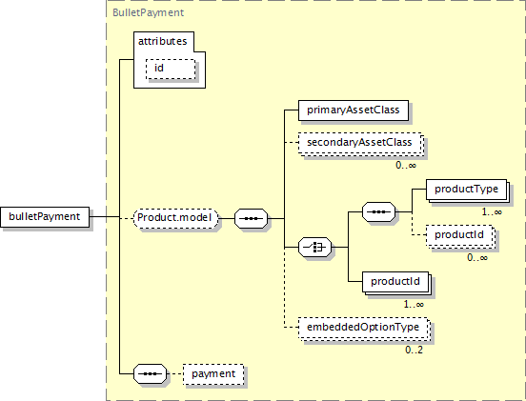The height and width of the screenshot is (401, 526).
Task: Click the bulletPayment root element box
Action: [x=45, y=217]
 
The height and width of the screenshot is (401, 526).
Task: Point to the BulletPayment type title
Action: [x=148, y=12]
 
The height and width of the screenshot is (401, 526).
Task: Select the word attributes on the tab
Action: [x=162, y=41]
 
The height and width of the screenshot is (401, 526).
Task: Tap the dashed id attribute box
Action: [x=171, y=70]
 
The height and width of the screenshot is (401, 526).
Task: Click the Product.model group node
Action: [x=175, y=219]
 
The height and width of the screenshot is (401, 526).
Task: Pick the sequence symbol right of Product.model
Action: [x=252, y=219]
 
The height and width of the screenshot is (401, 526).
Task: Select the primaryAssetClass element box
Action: [x=354, y=110]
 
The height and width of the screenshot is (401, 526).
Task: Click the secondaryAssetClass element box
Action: [x=360, y=143]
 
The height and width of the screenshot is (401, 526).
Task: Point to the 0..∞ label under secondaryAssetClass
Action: [x=406, y=165]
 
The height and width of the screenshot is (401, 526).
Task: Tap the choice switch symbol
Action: [x=315, y=247]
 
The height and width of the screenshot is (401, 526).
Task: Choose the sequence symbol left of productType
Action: [x=378, y=211]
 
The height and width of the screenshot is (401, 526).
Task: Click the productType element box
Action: [x=467, y=190]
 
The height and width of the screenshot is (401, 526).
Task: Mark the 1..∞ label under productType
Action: [x=492, y=211]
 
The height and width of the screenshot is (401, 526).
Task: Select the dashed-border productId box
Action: [x=460, y=236]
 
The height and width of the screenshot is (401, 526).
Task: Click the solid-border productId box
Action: [x=396, y=283]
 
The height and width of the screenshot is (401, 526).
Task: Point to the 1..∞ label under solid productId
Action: [x=414, y=305]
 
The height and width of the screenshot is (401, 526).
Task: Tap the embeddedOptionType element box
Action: [x=364, y=329]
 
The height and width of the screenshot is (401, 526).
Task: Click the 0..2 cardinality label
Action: [x=414, y=350]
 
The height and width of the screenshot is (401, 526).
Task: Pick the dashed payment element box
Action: [x=213, y=374]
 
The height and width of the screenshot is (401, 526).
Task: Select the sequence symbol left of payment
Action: [x=150, y=373]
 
